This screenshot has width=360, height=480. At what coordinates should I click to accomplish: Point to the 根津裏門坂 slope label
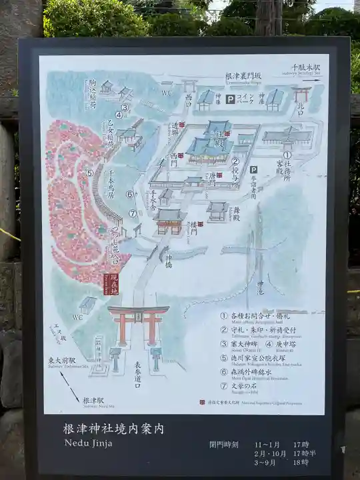click(244, 76)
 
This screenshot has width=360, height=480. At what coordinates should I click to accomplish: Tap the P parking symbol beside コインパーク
click(231, 99)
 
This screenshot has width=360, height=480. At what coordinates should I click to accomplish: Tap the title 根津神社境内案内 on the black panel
click(113, 429)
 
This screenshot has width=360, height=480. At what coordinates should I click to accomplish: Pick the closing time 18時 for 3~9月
click(300, 462)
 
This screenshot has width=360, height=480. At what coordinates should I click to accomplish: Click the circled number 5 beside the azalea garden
click(89, 173)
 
